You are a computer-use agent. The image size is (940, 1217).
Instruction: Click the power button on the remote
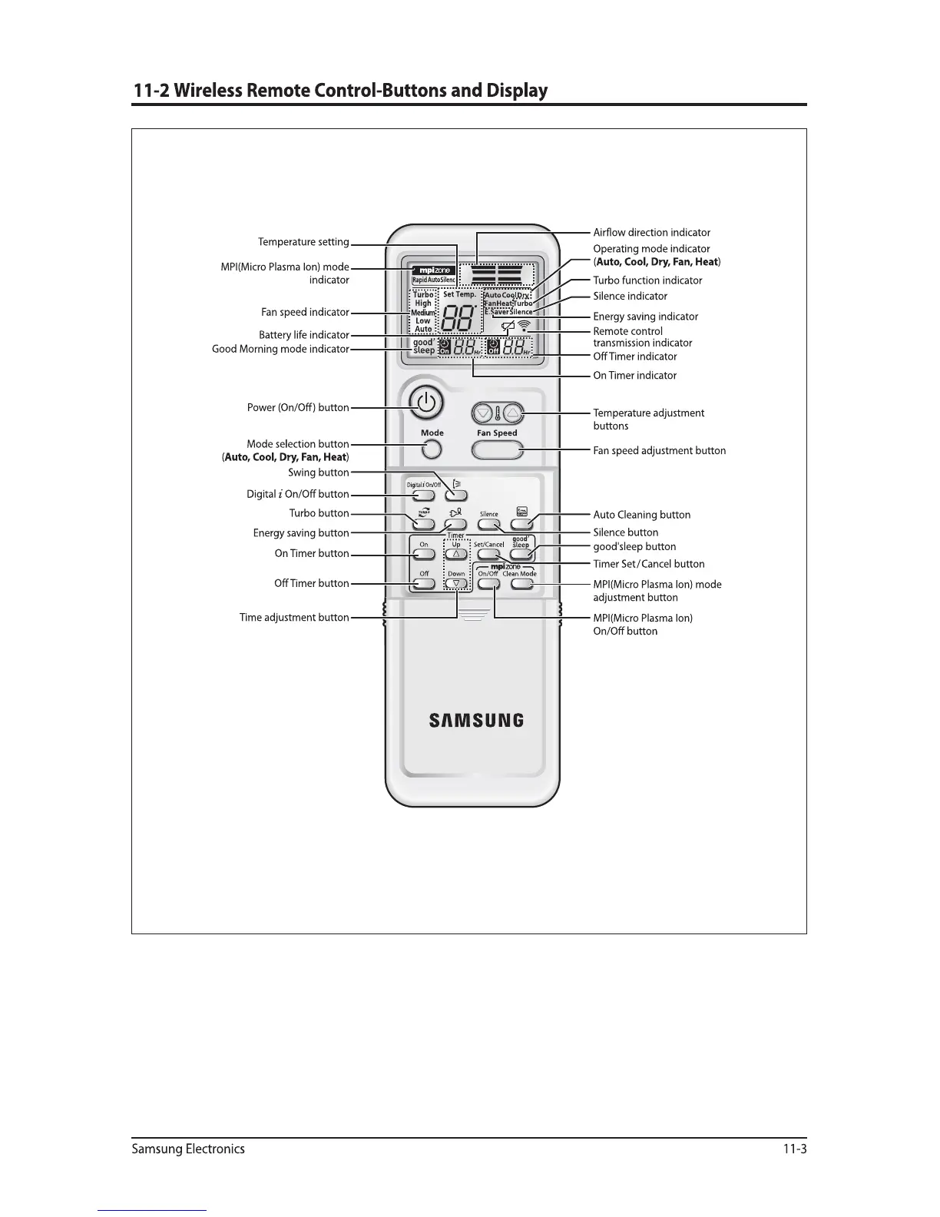pos(426,402)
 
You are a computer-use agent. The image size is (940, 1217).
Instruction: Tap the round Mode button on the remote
pos(432,449)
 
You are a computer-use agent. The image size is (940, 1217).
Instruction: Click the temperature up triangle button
pos(514,413)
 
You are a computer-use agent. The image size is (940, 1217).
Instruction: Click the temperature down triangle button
pos(482,413)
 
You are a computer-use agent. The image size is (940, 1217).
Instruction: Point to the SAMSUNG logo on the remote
pos(476,721)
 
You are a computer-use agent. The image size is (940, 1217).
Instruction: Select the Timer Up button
pos(456,554)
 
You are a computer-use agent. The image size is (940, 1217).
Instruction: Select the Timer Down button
pos(456,583)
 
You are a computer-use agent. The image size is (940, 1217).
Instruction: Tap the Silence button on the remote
pos(488,524)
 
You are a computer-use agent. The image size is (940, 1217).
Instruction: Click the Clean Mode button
pos(521,583)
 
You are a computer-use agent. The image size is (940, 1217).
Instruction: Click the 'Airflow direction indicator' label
pos(651,233)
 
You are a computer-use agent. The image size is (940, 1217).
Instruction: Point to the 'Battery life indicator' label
pos(304,335)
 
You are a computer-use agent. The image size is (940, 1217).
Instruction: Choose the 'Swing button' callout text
pos(319,473)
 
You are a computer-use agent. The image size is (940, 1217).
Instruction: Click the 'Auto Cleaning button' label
pos(641,515)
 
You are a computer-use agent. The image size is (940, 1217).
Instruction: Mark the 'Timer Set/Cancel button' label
pos(648,564)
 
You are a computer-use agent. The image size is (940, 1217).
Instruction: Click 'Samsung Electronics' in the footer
pos(188,1149)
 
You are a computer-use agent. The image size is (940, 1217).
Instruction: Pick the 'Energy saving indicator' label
pos(645,317)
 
